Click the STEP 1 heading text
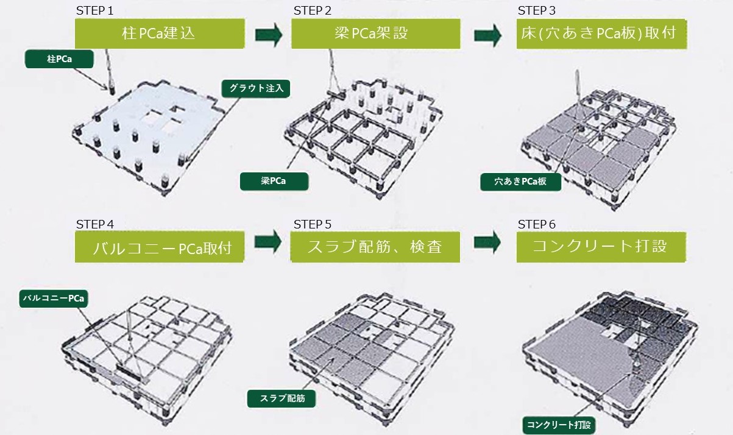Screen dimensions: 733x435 pyautogui.click(x=94, y=11)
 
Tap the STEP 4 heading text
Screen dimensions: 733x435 pyautogui.click(x=95, y=225)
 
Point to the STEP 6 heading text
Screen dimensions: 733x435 pyautogui.click(x=537, y=225)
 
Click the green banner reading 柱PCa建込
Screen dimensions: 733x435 pyautogui.click(x=160, y=34)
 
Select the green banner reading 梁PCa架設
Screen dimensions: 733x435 pyautogui.click(x=376, y=34)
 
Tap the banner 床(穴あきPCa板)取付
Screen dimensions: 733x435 pyautogui.click(x=601, y=34)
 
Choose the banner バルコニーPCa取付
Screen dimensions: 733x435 pyautogui.click(x=160, y=247)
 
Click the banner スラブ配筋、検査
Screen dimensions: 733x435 pyautogui.click(x=375, y=247)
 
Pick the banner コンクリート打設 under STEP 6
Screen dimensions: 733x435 pyautogui.click(x=601, y=247)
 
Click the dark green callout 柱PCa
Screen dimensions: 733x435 pyautogui.click(x=59, y=59)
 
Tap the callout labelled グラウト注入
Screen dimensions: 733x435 pyautogui.click(x=256, y=88)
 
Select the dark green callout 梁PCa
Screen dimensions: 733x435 pyautogui.click(x=274, y=182)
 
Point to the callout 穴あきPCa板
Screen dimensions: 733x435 pyautogui.click(x=520, y=182)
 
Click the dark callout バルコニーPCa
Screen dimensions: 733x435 pyautogui.click(x=54, y=299)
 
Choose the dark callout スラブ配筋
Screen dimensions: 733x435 pyautogui.click(x=282, y=398)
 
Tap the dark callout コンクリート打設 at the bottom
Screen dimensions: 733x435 pyautogui.click(x=559, y=425)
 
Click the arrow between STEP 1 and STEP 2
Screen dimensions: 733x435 pyautogui.click(x=269, y=35)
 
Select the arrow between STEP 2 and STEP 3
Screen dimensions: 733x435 pyautogui.click(x=487, y=35)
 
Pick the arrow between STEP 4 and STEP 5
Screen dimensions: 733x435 pyautogui.click(x=268, y=241)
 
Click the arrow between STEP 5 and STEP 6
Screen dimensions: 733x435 pyautogui.click(x=487, y=242)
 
